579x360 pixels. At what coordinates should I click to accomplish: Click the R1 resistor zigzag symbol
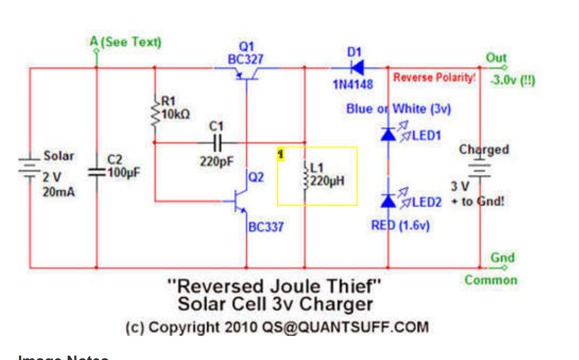(x=155, y=116)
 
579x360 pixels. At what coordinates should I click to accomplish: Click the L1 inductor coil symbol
(x=305, y=175)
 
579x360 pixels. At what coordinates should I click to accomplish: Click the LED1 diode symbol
(x=388, y=134)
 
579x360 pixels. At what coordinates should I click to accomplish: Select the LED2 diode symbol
(x=388, y=201)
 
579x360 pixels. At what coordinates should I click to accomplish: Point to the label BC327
(x=246, y=59)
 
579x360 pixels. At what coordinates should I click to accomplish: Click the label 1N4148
(x=353, y=84)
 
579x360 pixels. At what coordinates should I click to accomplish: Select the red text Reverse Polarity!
(x=434, y=77)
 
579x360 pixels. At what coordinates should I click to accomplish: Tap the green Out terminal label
(x=496, y=57)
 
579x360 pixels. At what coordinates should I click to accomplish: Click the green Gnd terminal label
(x=502, y=257)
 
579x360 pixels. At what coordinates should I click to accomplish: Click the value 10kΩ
(x=176, y=115)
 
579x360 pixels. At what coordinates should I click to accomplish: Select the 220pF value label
(x=216, y=162)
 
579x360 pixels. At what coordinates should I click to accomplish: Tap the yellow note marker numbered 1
(x=280, y=153)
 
